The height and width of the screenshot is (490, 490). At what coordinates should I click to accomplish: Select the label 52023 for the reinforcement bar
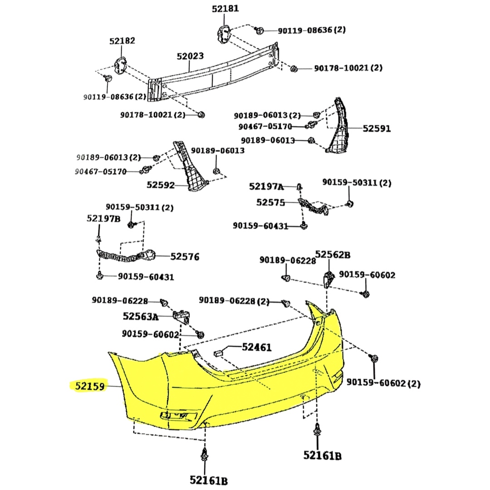coord(190,57)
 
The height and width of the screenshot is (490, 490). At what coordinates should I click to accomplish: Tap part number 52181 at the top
coord(225,9)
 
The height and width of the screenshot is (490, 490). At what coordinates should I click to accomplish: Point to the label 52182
coord(122,41)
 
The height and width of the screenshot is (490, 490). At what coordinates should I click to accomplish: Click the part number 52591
coord(377,129)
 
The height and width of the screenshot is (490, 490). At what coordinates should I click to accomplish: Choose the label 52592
coord(161,185)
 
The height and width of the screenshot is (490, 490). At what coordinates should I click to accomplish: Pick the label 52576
coord(185,257)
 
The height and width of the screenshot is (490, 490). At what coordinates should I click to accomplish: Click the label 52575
coord(270,202)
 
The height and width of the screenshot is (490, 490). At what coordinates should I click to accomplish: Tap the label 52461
coord(256,348)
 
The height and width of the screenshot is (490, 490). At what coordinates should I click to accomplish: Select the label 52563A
coord(141,316)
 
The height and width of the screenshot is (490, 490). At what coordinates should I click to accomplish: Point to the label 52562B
coord(333,255)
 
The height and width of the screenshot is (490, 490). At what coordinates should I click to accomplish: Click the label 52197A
coord(266,186)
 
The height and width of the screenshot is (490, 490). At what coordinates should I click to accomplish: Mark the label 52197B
coord(103,219)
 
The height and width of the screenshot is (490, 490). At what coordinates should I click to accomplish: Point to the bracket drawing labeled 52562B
coord(328,278)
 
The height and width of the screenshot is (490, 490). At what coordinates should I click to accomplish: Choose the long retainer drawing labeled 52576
coord(125,257)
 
